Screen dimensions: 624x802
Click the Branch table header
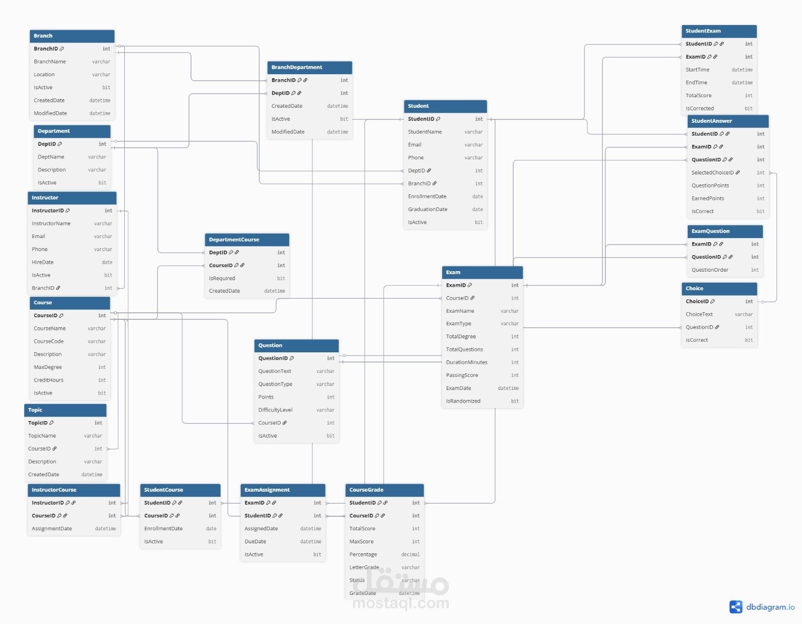pyautogui.click(x=72, y=36)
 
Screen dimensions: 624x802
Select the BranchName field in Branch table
pyautogui.click(x=50, y=62)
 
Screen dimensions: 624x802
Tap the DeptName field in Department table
pyautogui.click(x=51, y=157)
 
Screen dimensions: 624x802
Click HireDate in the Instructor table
pyautogui.click(x=43, y=262)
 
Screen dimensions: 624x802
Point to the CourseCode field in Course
pyautogui.click(x=49, y=341)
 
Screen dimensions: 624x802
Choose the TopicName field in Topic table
pyautogui.click(x=42, y=436)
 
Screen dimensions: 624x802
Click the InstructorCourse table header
pyautogui.click(x=74, y=490)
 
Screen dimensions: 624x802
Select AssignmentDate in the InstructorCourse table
pyautogui.click(x=52, y=529)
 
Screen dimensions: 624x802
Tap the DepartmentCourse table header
pyautogui.click(x=247, y=240)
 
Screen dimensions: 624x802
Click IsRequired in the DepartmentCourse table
pyautogui.click(x=222, y=278)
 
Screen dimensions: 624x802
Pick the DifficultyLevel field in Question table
pyautogui.click(x=275, y=410)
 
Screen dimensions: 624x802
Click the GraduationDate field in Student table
pyautogui.click(x=428, y=210)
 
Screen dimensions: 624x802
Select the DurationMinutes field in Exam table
pyautogui.click(x=467, y=362)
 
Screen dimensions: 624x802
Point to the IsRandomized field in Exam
pyautogui.click(x=463, y=401)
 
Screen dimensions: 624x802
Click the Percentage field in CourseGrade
pyautogui.click(x=363, y=554)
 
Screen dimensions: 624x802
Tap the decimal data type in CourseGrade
pyautogui.click(x=410, y=554)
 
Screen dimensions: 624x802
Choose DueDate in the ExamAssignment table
pyautogui.click(x=255, y=542)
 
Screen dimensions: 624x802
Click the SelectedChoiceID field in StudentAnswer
pyautogui.click(x=712, y=173)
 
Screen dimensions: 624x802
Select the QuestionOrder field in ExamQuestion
pyautogui.click(x=710, y=270)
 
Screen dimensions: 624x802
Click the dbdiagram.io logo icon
pyautogui.click(x=736, y=607)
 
